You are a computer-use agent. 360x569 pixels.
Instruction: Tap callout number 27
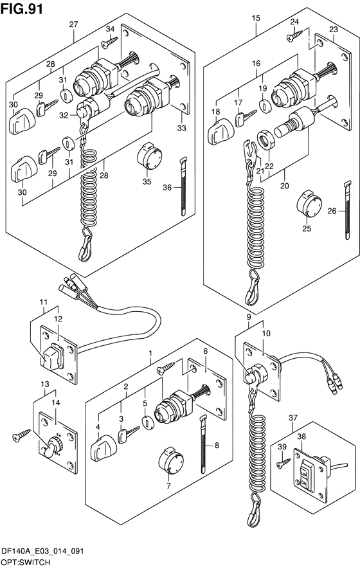coord(74,24)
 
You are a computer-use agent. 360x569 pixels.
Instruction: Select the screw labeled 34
coord(109,41)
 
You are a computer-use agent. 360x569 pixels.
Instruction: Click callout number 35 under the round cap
coord(147,181)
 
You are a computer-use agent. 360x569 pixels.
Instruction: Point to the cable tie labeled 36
coord(183,186)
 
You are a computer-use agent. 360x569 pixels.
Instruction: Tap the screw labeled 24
coord(294,35)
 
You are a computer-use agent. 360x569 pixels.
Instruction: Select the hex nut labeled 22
coord(265,140)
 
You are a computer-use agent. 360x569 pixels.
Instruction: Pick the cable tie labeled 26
coord(347,210)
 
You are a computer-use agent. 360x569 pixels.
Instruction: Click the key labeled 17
coord(245,118)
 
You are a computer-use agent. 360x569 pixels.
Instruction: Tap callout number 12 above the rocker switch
coord(58,319)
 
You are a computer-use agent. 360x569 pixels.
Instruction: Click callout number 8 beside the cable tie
coord(217,445)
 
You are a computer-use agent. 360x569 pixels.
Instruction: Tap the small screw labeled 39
coord(283,462)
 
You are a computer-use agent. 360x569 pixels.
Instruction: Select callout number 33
coord(181,128)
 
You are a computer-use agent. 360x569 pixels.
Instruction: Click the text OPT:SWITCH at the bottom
coord(26,563)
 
